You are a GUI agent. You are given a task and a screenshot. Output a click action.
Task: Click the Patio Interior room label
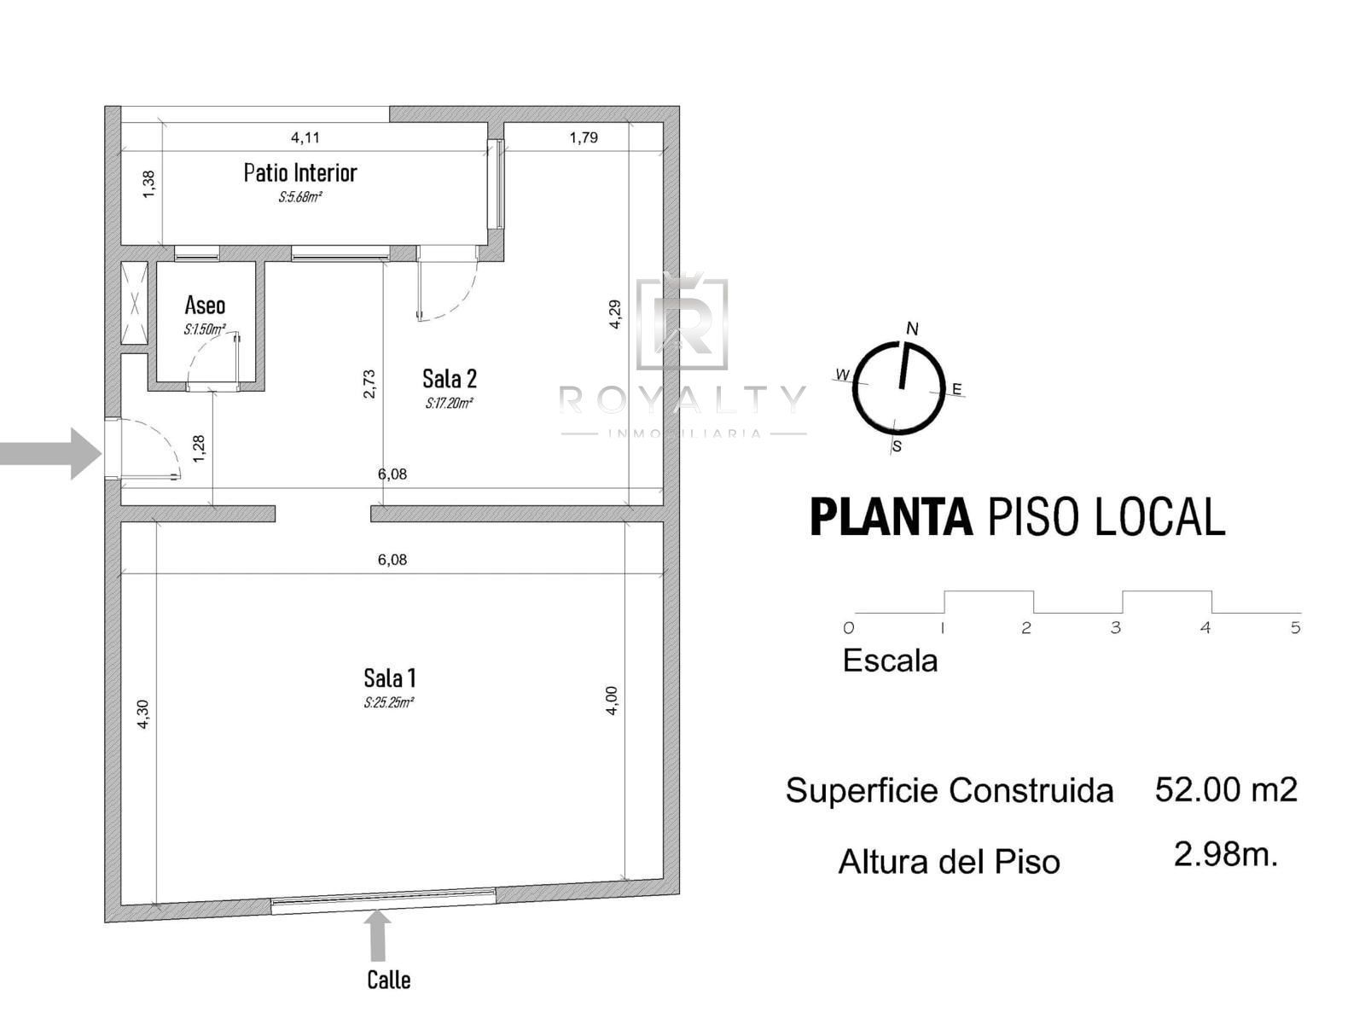coord(299,173)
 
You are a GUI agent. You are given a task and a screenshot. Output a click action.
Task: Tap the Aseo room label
coord(205,305)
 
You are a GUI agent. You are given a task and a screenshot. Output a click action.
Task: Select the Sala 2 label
coord(449,379)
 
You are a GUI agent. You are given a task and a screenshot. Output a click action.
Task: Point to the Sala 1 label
coord(389,677)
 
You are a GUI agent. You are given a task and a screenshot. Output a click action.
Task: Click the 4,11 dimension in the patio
coord(305,137)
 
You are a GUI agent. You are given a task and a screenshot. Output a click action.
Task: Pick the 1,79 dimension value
coord(584,137)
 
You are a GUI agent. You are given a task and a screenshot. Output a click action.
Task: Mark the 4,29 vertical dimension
coord(614,314)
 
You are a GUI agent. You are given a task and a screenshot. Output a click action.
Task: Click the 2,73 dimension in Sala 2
coord(369,384)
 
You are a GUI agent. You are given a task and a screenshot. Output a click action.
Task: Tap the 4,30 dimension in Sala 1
coord(142,713)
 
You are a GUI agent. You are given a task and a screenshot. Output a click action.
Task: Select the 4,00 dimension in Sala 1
coord(612,701)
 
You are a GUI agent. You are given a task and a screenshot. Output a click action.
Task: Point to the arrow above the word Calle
coord(377,937)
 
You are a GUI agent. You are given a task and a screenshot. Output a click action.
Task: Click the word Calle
coord(389,980)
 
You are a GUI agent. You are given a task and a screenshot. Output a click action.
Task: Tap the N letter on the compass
coord(912,329)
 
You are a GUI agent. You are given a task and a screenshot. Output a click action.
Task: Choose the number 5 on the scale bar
coord(1295,628)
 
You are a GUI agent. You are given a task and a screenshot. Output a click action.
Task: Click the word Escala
coord(890,660)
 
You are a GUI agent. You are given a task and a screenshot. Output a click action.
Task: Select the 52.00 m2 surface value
coord(1226,789)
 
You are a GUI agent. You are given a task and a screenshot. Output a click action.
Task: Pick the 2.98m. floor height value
coord(1225,854)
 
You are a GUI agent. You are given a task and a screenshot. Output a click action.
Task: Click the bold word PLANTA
coord(892,516)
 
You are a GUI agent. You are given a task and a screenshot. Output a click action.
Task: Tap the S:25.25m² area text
coord(389,702)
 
